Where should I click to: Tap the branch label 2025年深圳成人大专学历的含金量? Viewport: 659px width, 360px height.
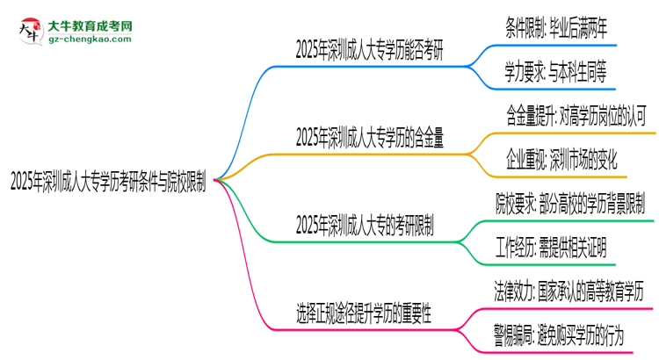click(369, 136)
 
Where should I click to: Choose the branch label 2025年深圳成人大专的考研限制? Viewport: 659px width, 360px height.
click(365, 224)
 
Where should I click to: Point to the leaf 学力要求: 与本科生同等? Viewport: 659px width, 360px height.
click(556, 70)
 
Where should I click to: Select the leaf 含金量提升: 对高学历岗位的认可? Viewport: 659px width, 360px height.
click(576, 114)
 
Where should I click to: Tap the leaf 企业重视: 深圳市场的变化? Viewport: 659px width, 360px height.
click(561, 159)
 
